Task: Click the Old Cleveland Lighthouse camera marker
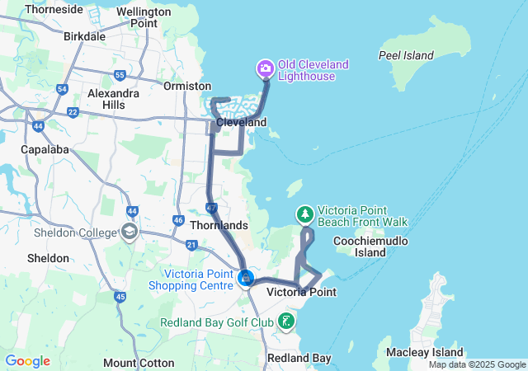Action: (x=266, y=67)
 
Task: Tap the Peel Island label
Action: (x=406, y=55)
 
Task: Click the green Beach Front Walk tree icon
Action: (x=305, y=215)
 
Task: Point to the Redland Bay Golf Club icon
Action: (x=286, y=321)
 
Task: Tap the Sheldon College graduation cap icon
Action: (x=129, y=232)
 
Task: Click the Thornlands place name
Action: (x=219, y=224)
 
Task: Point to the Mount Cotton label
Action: (x=139, y=363)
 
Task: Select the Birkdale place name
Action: (x=84, y=36)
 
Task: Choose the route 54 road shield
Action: (x=63, y=89)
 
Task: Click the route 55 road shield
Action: (x=120, y=76)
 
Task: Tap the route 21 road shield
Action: (x=191, y=245)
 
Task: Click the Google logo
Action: (x=28, y=361)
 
